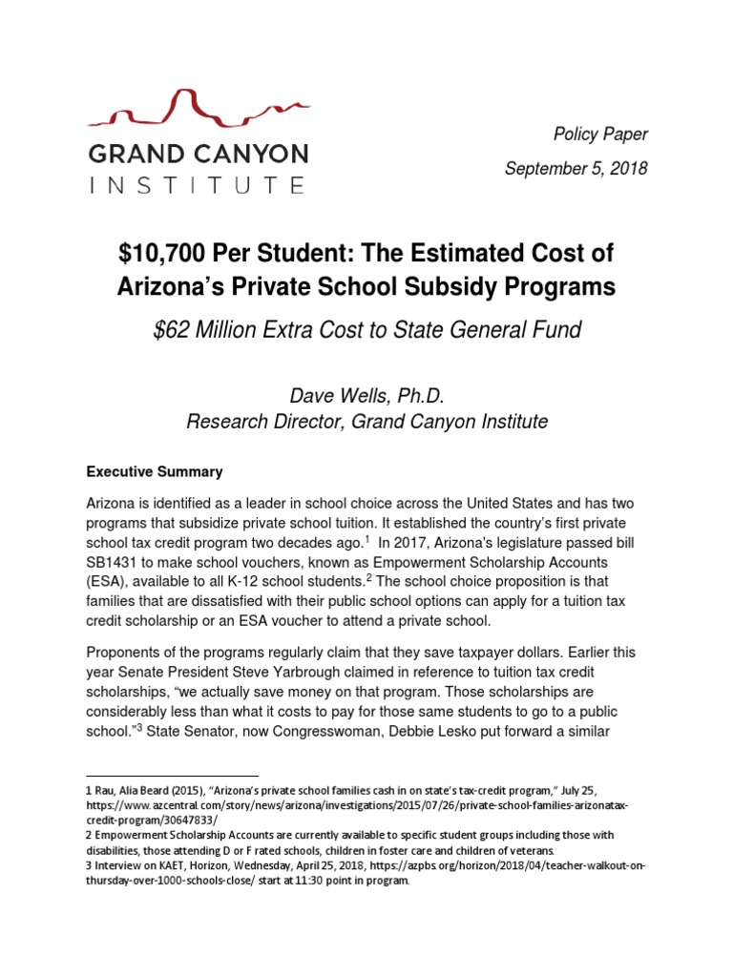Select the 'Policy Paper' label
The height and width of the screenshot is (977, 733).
pyautogui.click(x=601, y=135)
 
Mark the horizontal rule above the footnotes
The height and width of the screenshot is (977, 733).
pyautogui.click(x=173, y=775)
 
